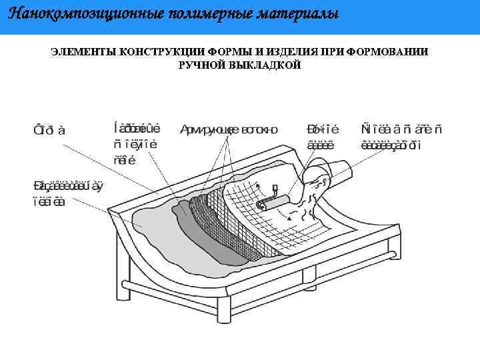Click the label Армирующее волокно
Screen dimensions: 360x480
click(x=229, y=129)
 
